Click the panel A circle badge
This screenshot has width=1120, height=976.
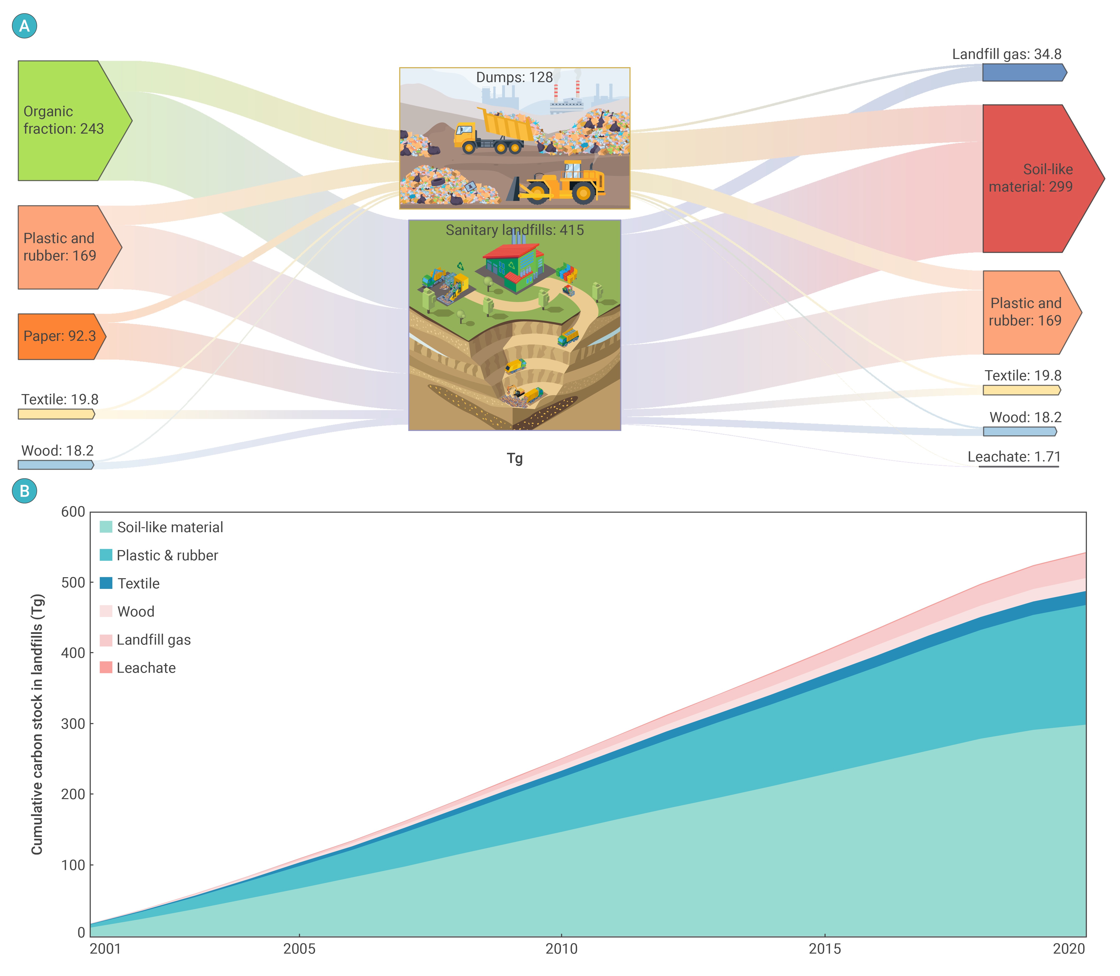pos(25,26)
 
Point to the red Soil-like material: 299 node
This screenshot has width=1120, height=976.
pos(1034,178)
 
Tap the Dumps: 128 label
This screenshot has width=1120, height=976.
pos(514,77)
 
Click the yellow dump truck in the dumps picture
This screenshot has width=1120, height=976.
pos(493,131)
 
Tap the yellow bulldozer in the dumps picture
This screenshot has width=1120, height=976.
pos(561,182)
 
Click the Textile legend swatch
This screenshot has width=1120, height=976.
pos(106,583)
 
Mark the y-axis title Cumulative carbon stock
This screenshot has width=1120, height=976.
pos(37,724)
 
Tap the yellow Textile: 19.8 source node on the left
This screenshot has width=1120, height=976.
pos(56,414)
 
